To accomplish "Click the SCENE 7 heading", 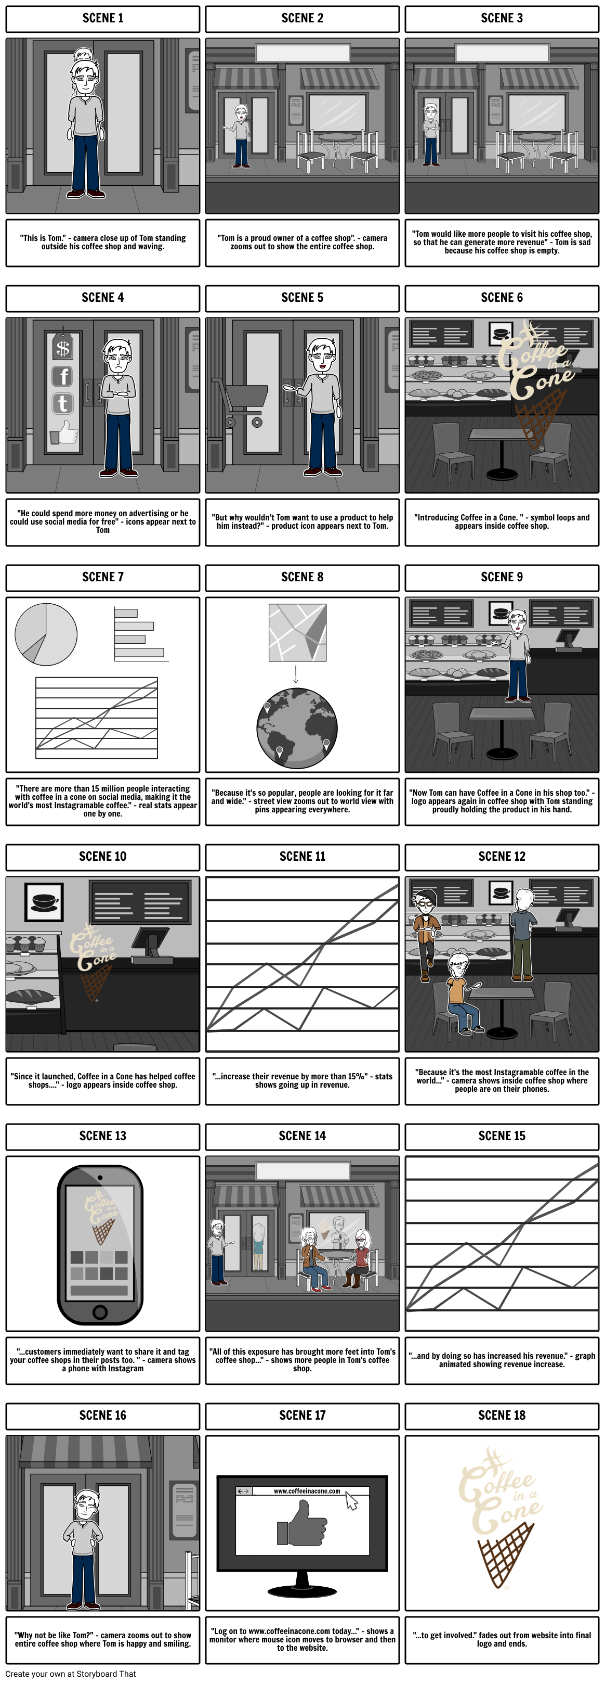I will (x=102, y=577).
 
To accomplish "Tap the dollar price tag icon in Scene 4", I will (x=63, y=348).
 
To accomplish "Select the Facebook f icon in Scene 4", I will (x=63, y=376).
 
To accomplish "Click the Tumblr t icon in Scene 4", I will (x=63, y=403).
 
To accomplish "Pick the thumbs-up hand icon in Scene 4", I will (x=64, y=432).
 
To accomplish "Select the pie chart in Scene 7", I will (x=46, y=634).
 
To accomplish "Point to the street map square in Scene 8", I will (x=298, y=632).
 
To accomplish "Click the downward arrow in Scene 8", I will (x=296, y=674).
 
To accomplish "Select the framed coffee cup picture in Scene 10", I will (x=44, y=902).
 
